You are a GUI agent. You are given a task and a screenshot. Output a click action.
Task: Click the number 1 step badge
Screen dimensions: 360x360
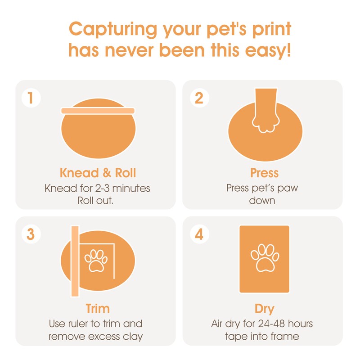pyautogui.click(x=31, y=98)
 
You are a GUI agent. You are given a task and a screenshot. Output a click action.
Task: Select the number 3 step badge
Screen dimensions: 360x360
pyautogui.click(x=31, y=234)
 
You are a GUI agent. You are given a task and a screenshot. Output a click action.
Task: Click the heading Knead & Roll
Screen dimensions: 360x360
pyautogui.click(x=98, y=173)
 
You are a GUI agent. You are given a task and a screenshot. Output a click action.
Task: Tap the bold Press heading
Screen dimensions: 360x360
pyautogui.click(x=264, y=173)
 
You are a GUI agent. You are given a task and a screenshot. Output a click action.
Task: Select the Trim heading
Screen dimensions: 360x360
pyautogui.click(x=98, y=309)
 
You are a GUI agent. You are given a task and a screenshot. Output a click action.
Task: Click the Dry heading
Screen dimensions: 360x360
pyautogui.click(x=264, y=309)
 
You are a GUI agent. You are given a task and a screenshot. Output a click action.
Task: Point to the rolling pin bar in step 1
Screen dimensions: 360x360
pyautogui.click(x=98, y=110)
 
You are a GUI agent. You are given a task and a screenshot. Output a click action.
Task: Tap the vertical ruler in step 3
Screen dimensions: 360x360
pyautogui.click(x=75, y=261)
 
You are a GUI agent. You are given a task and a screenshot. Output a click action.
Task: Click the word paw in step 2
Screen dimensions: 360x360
pyautogui.click(x=288, y=188)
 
